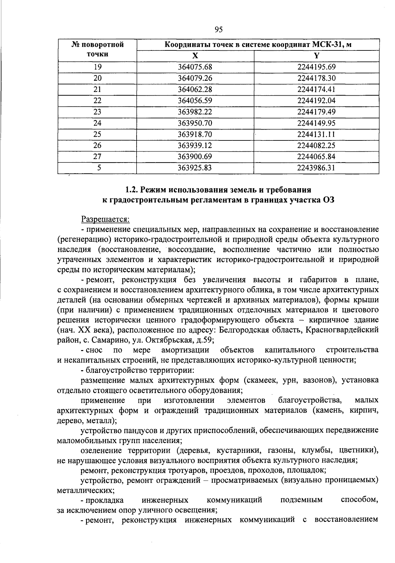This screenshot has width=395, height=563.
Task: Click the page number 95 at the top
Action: click(219, 30)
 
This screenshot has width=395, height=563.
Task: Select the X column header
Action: click(195, 55)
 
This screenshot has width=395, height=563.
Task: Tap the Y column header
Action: click(316, 55)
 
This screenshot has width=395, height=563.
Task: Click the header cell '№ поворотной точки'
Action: click(97, 49)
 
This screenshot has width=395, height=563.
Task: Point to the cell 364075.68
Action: click(195, 67)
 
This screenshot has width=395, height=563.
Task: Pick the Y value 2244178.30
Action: click(316, 78)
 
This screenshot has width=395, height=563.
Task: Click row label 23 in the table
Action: click(97, 112)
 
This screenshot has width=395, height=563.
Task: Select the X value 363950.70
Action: click(195, 123)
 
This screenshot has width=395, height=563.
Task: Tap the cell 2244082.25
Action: click(316, 145)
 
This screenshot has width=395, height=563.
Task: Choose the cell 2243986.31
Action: click(316, 168)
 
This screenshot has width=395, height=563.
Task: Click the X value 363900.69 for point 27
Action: click(195, 157)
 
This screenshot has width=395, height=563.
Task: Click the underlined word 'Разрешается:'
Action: click(106, 219)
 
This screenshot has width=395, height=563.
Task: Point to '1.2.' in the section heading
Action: click(132, 190)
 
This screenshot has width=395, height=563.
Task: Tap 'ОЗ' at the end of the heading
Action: click(328, 200)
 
